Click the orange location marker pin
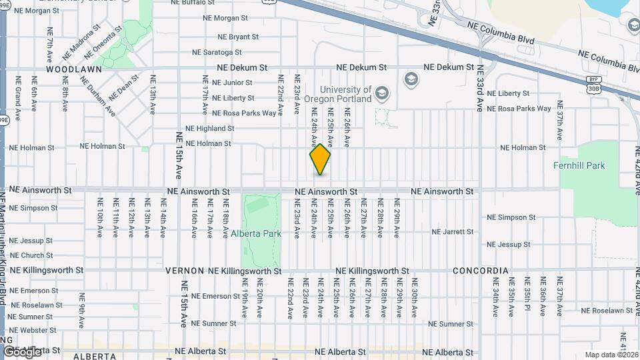[x=320, y=159]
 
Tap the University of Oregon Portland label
[x=346, y=94]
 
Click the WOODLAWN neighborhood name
[x=74, y=69]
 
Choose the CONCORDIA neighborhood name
[x=480, y=271]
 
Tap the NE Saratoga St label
[x=220, y=52]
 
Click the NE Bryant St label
[x=239, y=37]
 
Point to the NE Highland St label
[x=210, y=128]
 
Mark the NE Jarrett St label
[x=452, y=232]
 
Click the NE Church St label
[x=31, y=255]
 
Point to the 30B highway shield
[x=593, y=87]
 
